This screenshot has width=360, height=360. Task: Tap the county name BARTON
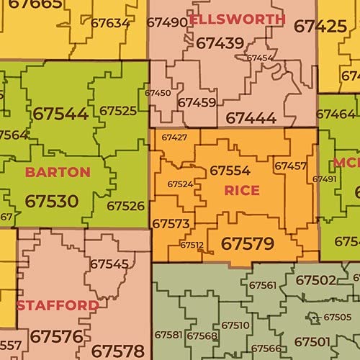pos(58,172)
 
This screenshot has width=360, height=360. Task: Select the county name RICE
pos(242,191)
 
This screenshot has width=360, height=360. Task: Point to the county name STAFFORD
pos(58,306)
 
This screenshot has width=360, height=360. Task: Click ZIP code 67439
pos(220,44)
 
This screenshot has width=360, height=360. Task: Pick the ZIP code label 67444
pos(251,117)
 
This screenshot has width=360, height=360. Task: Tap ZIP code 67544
pos(60,114)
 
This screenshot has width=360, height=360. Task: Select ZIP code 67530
pos(51,201)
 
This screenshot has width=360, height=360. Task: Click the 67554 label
pos(230,171)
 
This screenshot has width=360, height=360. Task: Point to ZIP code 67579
pos(247,243)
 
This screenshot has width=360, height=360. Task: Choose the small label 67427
pos(174,137)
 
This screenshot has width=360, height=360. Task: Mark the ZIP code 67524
pos(180,184)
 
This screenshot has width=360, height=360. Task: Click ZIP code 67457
pos(290,166)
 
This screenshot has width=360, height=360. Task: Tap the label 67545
pos(109,264)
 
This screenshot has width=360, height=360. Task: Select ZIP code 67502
pos(315,280)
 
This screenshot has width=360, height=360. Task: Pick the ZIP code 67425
pos(320,27)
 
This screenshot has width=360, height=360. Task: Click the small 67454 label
pos(259,58)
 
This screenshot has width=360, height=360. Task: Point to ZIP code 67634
pos(110,22)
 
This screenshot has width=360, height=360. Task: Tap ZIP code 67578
pos(117,351)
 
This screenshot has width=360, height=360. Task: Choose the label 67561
pos(263,285)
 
